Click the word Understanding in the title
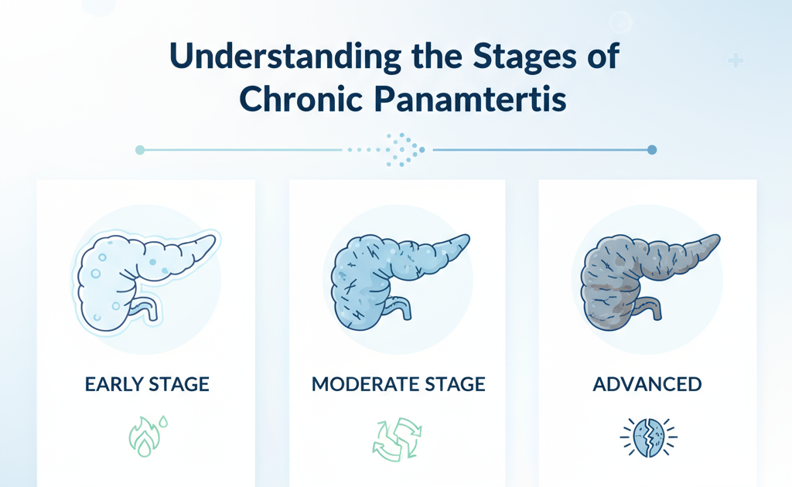(286, 56)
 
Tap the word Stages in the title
(525, 56)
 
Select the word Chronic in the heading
(301, 98)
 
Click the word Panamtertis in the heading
(470, 98)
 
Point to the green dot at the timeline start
(141, 150)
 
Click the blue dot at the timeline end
(652, 150)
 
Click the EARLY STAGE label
(147, 384)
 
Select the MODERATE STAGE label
(398, 384)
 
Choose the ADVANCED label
(647, 384)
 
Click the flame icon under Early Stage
(143, 438)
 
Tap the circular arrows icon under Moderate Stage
(397, 439)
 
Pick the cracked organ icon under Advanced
(649, 438)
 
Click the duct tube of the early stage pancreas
(147, 308)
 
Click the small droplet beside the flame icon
(163, 421)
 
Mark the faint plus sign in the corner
(736, 60)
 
